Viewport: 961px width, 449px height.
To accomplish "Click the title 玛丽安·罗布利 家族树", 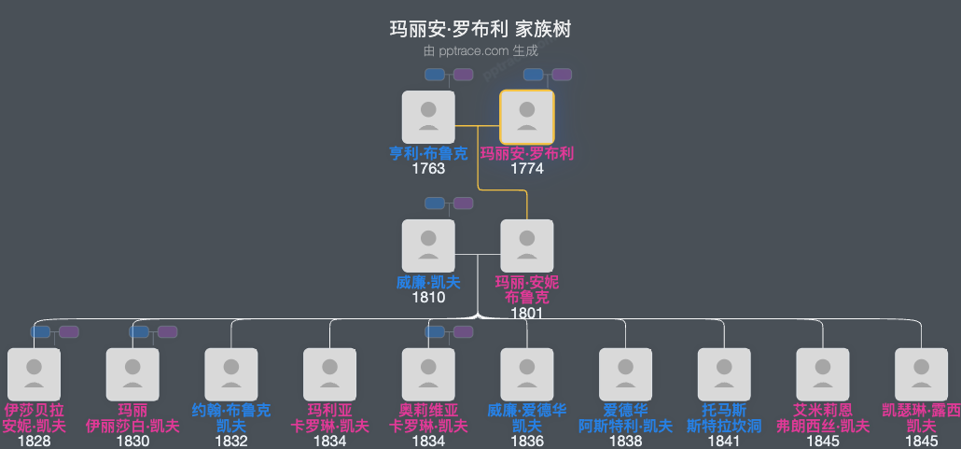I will coord(480,30).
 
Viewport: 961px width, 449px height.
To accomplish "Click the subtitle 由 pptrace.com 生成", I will coord(480,51).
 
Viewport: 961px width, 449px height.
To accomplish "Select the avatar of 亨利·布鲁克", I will coord(428,117).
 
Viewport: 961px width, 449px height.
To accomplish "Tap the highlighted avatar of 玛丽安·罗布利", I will coord(527,117).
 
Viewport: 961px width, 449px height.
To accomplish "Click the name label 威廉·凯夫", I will coord(428,283).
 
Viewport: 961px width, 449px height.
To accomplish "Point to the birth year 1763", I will coord(428,169).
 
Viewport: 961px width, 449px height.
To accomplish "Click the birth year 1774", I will coord(527,169).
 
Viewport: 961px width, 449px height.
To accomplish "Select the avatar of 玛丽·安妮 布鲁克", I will coord(527,246).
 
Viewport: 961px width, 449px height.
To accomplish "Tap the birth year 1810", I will coord(428,298).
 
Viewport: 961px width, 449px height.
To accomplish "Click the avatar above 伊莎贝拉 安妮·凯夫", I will coord(34,374).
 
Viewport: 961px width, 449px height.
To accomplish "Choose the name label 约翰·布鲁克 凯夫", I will coord(231,418).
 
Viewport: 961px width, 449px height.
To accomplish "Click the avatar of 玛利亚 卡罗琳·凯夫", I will coord(330,374).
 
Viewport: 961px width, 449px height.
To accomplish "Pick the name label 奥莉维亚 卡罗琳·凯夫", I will coord(428,418).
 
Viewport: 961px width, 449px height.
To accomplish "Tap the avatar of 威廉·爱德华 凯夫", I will coord(527,374).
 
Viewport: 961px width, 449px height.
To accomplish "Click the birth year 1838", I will coord(626,442).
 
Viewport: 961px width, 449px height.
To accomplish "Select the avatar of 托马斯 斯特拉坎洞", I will coord(725,374).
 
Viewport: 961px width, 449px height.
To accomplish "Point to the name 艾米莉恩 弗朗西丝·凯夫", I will coord(823,418).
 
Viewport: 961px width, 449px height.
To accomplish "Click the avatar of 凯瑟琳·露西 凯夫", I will coord(922,374).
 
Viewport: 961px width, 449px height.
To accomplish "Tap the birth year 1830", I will coord(132,442).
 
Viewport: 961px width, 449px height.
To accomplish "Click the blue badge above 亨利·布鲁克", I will coord(435,75).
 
